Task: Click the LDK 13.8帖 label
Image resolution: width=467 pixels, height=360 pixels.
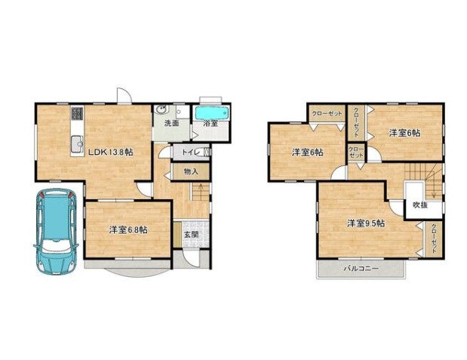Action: click(110, 152)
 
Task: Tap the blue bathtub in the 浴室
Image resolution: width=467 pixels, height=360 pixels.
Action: click(212, 113)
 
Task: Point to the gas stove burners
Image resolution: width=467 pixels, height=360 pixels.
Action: click(78, 113)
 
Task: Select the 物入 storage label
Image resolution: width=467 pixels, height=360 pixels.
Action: click(191, 171)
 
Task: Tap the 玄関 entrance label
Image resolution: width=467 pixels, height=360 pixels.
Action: click(191, 235)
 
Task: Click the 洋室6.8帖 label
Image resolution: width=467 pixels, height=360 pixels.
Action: click(128, 229)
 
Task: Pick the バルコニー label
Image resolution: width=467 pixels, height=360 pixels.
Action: click(361, 269)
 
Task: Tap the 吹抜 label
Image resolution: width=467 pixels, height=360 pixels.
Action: click(420, 205)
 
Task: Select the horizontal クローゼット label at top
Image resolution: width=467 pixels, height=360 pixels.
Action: click(327, 113)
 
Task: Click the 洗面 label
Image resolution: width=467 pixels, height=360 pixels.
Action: click(172, 123)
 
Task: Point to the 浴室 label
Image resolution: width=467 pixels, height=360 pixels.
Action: click(210, 123)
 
